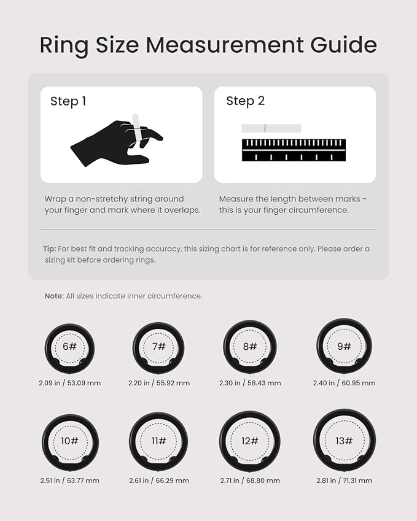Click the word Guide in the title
tap(343, 45)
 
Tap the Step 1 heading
tap(68, 101)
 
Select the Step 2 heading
tap(246, 101)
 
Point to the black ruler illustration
tap(294, 150)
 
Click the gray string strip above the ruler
tap(271, 128)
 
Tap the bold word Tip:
tap(49, 249)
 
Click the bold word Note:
tap(54, 296)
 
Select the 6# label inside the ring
tap(70, 347)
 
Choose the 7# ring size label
tap(159, 347)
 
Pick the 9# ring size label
tap(344, 347)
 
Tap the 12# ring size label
tap(250, 441)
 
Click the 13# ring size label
tap(344, 441)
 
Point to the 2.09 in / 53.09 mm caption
tap(70, 383)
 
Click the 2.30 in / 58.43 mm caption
tap(250, 383)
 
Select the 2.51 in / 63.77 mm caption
tap(70, 480)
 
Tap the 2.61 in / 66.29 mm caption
tap(159, 480)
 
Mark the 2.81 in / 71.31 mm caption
tap(344, 480)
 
